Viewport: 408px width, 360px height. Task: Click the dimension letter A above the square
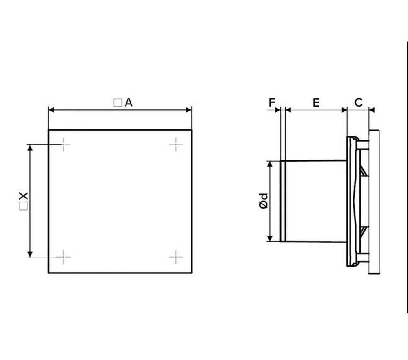pyautogui.click(x=129, y=103)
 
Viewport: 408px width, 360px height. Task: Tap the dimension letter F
pyautogui.click(x=272, y=102)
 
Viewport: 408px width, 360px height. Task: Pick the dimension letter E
pyautogui.click(x=316, y=102)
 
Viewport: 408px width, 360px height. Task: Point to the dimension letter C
pyautogui.click(x=358, y=102)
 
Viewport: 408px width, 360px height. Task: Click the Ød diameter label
pyautogui.click(x=264, y=201)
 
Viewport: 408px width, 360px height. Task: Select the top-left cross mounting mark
pyautogui.click(x=64, y=144)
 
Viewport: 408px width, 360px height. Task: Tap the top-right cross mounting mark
pyautogui.click(x=176, y=144)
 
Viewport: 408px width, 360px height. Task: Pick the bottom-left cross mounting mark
pyautogui.click(x=64, y=257)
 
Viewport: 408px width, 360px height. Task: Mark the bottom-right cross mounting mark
pyautogui.click(x=176, y=257)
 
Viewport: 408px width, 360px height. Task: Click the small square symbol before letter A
pyautogui.click(x=118, y=103)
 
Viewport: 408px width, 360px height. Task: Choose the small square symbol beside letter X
pyautogui.click(x=23, y=206)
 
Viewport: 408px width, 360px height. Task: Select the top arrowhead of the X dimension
pyautogui.click(x=30, y=147)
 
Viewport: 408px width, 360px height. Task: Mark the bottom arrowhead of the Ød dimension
pyautogui.click(x=270, y=238)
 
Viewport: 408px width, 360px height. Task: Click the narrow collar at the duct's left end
pyautogui.click(x=283, y=201)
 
